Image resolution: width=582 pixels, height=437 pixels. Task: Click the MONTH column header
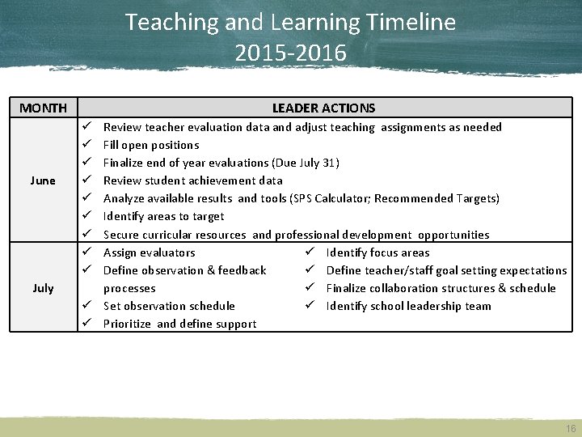click(43, 108)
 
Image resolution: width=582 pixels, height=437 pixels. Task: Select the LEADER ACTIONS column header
click(323, 108)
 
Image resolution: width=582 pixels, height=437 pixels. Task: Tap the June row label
click(43, 180)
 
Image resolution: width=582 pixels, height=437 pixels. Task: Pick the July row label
click(43, 288)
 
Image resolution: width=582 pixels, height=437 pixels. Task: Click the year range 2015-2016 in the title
click(290, 53)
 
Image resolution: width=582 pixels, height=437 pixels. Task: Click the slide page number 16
click(571, 427)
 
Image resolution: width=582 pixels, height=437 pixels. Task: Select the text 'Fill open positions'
click(151, 146)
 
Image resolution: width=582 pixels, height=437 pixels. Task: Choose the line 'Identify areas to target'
click(164, 216)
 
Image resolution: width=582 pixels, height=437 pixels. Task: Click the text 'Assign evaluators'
click(150, 252)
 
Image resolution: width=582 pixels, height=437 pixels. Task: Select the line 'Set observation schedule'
click(169, 306)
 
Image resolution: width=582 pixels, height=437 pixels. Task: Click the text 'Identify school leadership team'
click(408, 306)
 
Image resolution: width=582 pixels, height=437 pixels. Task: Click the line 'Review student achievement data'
click(193, 180)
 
